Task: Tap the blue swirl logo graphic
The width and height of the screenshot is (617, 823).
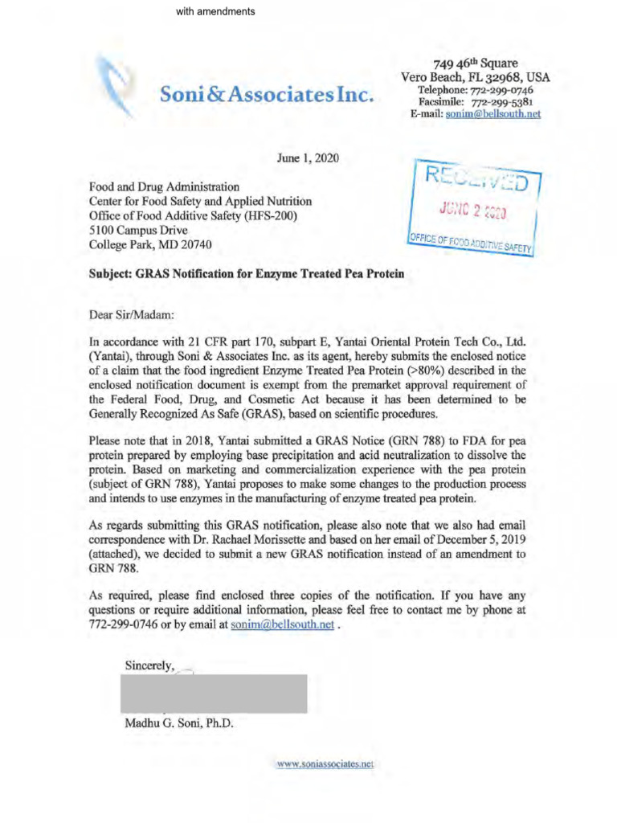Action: click(x=113, y=81)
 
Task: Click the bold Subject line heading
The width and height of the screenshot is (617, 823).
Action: click(x=246, y=273)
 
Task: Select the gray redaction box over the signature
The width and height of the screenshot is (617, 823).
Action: click(x=213, y=694)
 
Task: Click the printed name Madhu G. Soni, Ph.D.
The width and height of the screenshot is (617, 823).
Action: click(x=179, y=723)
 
